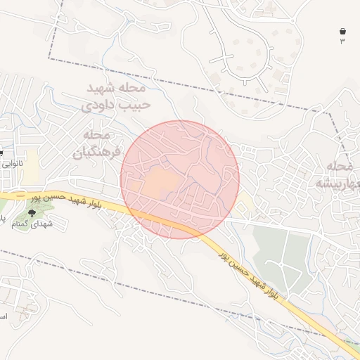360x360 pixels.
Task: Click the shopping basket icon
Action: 342,32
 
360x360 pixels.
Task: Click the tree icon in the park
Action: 31,212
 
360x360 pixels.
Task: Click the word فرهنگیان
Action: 97,150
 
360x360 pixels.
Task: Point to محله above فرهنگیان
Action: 98,134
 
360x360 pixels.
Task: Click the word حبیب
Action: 133,105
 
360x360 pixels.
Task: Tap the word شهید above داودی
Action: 109,89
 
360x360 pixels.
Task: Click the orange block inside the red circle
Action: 161,182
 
